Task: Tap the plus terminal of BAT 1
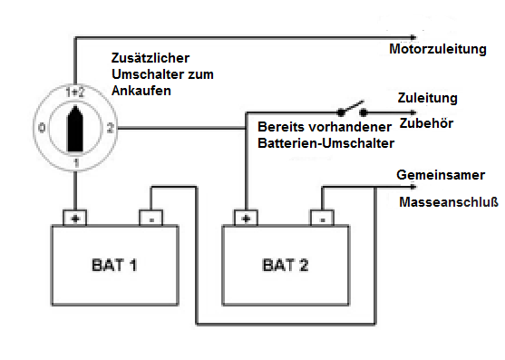coord(73,218)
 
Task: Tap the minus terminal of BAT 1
coord(151,218)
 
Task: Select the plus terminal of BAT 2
coord(244,218)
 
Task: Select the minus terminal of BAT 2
coord(321,218)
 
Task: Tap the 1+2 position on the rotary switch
coord(75,92)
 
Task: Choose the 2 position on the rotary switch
coord(110,127)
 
